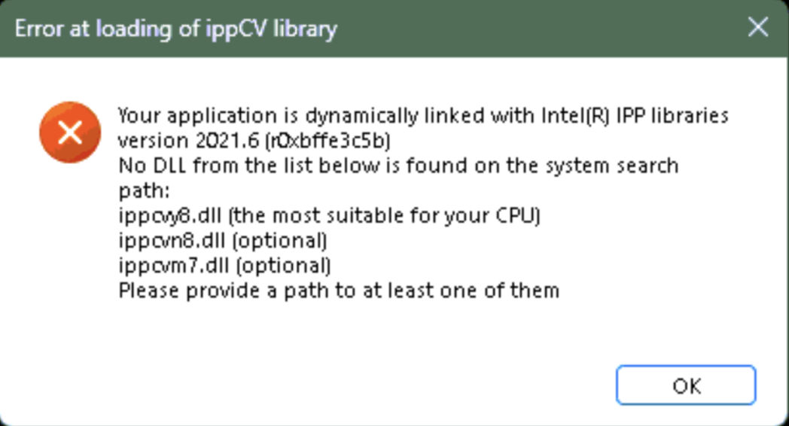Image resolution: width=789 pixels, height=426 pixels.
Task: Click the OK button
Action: [x=686, y=385]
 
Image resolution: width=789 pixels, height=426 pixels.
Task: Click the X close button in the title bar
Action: [x=758, y=27]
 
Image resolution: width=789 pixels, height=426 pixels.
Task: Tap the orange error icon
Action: [x=70, y=132]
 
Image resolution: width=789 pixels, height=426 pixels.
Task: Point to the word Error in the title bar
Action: [x=39, y=29]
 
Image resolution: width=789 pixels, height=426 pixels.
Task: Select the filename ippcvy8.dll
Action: [x=170, y=216]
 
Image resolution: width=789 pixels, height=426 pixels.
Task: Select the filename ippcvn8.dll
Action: [x=172, y=240]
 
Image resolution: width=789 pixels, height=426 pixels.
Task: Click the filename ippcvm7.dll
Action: [x=174, y=265]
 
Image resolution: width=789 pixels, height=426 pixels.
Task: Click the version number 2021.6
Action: [x=227, y=141]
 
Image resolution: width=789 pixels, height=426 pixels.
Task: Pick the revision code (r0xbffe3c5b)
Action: [x=327, y=141]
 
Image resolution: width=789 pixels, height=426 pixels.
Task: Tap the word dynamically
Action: [x=362, y=116]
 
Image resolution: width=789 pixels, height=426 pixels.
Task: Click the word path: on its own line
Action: [x=145, y=191]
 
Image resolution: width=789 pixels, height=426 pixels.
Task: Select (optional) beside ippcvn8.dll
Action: [x=280, y=240]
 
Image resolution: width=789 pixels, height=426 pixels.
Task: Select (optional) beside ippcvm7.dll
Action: [x=283, y=265]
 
